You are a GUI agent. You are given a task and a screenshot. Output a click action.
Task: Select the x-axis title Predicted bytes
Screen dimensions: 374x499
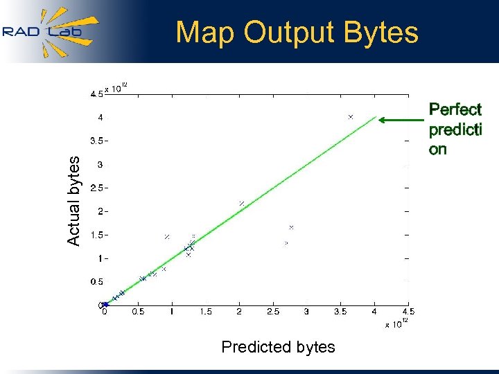click(278, 347)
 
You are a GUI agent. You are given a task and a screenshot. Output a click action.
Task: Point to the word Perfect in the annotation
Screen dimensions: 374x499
click(455, 109)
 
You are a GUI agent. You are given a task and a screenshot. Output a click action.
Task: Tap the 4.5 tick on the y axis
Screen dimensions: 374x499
click(96, 94)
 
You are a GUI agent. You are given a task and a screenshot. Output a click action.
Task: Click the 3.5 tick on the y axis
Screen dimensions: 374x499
click(96, 141)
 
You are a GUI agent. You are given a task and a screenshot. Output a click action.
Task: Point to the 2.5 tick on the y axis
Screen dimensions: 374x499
click(96, 188)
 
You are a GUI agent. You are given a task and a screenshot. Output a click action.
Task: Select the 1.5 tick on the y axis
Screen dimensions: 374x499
click(96, 235)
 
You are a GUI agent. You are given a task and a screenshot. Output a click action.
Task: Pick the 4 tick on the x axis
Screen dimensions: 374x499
click(374, 312)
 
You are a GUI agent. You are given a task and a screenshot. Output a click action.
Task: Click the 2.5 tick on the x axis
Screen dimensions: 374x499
click(273, 312)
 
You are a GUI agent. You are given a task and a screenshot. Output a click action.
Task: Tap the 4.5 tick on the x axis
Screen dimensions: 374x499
click(408, 312)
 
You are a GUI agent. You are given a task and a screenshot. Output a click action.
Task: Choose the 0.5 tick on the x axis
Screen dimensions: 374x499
click(139, 312)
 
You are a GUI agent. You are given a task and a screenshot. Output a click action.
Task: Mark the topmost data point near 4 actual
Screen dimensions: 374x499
click(351, 117)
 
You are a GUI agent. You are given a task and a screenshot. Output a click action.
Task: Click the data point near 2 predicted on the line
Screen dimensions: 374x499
click(242, 203)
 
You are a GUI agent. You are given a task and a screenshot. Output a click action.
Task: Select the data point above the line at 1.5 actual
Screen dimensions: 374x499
click(167, 237)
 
